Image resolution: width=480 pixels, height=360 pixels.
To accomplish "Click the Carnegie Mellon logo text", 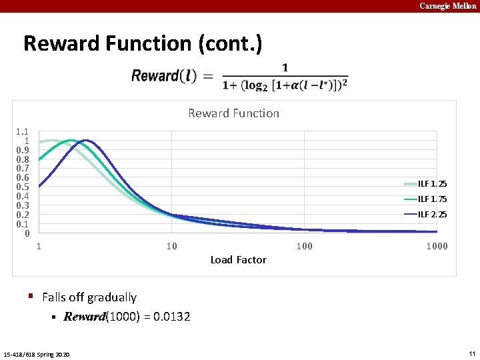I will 447,6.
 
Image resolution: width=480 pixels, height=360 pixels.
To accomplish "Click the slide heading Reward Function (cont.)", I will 143,43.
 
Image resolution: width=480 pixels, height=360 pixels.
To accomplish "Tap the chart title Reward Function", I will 233,113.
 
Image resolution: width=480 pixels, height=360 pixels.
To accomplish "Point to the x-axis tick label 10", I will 171,247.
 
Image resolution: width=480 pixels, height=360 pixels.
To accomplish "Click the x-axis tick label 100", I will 304,247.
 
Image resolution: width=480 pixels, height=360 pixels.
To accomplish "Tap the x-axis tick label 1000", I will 437,247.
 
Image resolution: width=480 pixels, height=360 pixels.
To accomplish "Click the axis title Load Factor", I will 238,260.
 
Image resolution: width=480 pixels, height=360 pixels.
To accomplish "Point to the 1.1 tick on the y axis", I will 22,132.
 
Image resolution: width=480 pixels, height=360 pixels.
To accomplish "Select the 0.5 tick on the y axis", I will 22,187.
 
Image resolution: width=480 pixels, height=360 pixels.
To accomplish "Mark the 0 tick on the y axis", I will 26,233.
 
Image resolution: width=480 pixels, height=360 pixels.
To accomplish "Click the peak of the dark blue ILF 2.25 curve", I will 86,141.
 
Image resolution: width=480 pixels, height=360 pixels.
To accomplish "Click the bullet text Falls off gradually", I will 89,297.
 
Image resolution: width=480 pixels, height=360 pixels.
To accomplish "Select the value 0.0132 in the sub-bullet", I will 171,317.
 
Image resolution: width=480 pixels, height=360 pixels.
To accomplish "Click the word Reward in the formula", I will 155,76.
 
